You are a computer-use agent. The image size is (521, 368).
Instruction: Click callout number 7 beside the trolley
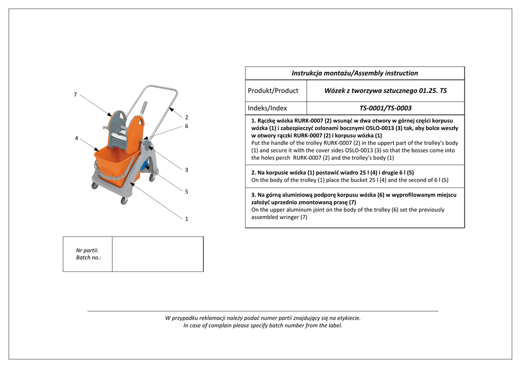75,95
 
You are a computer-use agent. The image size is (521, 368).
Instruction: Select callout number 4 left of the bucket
76,138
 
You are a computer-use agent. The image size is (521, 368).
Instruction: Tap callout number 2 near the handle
187,117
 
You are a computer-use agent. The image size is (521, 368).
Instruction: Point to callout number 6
187,126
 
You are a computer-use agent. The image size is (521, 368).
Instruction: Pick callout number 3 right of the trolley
187,170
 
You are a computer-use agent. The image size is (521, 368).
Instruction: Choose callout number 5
187,192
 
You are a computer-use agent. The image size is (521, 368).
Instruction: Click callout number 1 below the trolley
187,219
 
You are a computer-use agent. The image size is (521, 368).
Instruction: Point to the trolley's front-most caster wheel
124,201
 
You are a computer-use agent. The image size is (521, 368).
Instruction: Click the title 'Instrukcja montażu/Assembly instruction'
355,73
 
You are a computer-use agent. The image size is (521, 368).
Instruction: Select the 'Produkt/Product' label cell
273,90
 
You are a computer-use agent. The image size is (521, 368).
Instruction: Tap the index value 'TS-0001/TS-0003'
385,108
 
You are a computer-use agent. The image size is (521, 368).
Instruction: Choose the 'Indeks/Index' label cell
267,108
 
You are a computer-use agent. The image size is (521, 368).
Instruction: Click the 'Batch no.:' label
89,258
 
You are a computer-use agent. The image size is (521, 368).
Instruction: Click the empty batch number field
157,254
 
